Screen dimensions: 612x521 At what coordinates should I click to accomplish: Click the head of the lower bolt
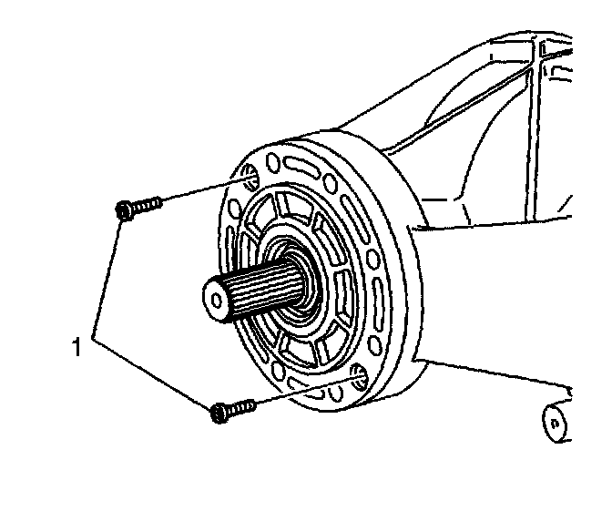pos(218,413)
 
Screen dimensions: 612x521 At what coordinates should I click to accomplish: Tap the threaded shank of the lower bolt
pos(240,406)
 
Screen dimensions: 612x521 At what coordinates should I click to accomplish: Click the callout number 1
pos(78,347)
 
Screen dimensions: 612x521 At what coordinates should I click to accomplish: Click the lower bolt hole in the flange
pos(359,377)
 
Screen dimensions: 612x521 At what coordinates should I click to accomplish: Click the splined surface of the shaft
pos(260,287)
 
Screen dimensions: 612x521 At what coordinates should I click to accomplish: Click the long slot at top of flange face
pos(302,168)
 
